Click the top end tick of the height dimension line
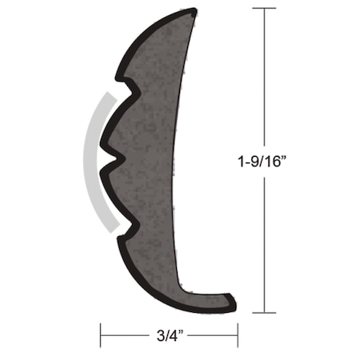(264, 9)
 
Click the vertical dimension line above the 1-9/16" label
(264, 80)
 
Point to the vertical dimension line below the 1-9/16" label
(264, 240)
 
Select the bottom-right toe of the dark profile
(231, 303)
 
